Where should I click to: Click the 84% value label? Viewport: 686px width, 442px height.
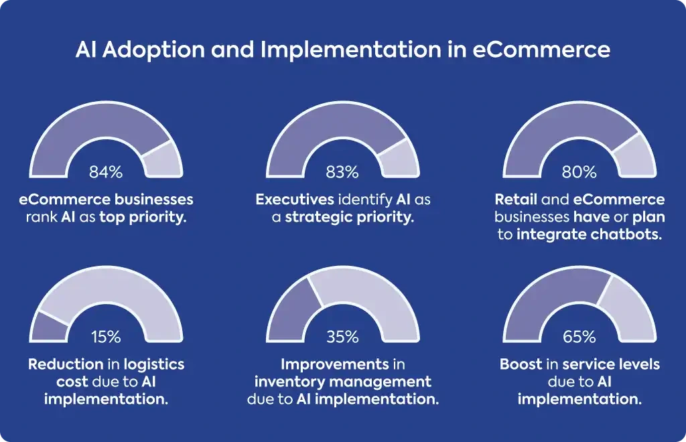pyautogui.click(x=106, y=172)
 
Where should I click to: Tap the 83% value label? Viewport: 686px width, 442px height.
pyautogui.click(x=342, y=172)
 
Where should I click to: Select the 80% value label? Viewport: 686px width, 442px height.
pyautogui.click(x=579, y=172)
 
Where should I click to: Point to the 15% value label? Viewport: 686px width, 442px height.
pyautogui.click(x=106, y=337)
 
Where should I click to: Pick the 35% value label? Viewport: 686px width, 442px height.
pyautogui.click(x=342, y=337)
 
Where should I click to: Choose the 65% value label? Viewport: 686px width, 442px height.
pyautogui.click(x=579, y=337)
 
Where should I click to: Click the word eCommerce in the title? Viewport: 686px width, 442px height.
pyautogui.click(x=541, y=49)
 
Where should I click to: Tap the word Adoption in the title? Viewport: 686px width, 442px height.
pyautogui.click(x=153, y=50)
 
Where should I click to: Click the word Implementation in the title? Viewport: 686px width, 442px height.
pyautogui.click(x=351, y=50)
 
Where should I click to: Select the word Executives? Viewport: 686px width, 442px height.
pyautogui.click(x=295, y=200)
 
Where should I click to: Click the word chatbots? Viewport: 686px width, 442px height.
pyautogui.click(x=626, y=234)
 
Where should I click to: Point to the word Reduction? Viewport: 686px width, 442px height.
pyautogui.click(x=66, y=364)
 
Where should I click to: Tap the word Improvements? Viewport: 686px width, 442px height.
pyautogui.click(x=335, y=364)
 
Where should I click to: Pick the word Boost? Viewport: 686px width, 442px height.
pyautogui.click(x=521, y=364)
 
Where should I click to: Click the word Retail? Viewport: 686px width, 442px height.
pyautogui.click(x=516, y=200)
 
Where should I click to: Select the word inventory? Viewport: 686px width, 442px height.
pyautogui.click(x=289, y=382)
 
